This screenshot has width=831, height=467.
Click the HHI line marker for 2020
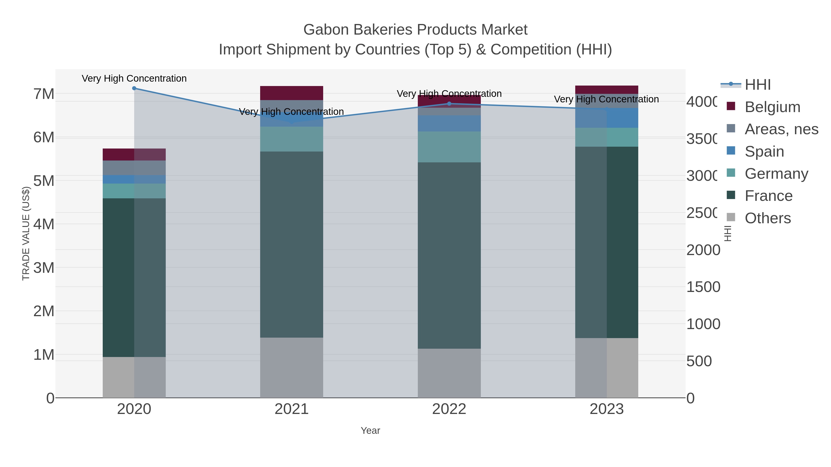(134, 88)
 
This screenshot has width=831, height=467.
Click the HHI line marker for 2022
(449, 104)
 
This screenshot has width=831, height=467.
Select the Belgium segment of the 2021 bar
(291, 93)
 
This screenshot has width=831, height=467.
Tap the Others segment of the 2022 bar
(449, 373)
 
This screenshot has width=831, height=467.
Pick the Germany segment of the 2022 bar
(449, 147)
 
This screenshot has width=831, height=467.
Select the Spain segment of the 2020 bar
(134, 179)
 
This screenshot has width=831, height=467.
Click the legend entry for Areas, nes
(781, 129)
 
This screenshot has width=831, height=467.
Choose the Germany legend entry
(776, 174)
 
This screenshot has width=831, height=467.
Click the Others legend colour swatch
(731, 217)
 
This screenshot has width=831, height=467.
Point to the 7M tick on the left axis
(44, 94)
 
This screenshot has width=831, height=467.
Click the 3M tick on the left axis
(44, 268)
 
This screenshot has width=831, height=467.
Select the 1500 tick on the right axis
(703, 287)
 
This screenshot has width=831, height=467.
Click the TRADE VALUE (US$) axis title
(26, 233)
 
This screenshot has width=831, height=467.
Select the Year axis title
(370, 431)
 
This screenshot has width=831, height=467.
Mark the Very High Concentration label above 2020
(134, 78)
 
